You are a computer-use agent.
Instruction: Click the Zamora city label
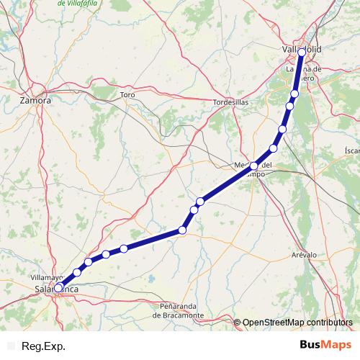(x=36, y=101)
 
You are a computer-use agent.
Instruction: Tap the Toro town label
(x=128, y=95)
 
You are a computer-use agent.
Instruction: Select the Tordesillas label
(x=230, y=103)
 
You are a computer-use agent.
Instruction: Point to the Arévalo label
(x=304, y=255)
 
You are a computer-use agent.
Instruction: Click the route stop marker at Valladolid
(x=302, y=53)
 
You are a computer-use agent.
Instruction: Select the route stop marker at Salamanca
(x=59, y=287)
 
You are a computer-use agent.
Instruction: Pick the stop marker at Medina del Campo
(x=254, y=166)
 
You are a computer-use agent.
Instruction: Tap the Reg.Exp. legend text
(x=42, y=346)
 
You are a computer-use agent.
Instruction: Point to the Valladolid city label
(x=302, y=48)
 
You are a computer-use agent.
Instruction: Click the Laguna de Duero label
(x=307, y=74)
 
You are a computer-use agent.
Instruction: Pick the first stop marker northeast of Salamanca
(x=76, y=272)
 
